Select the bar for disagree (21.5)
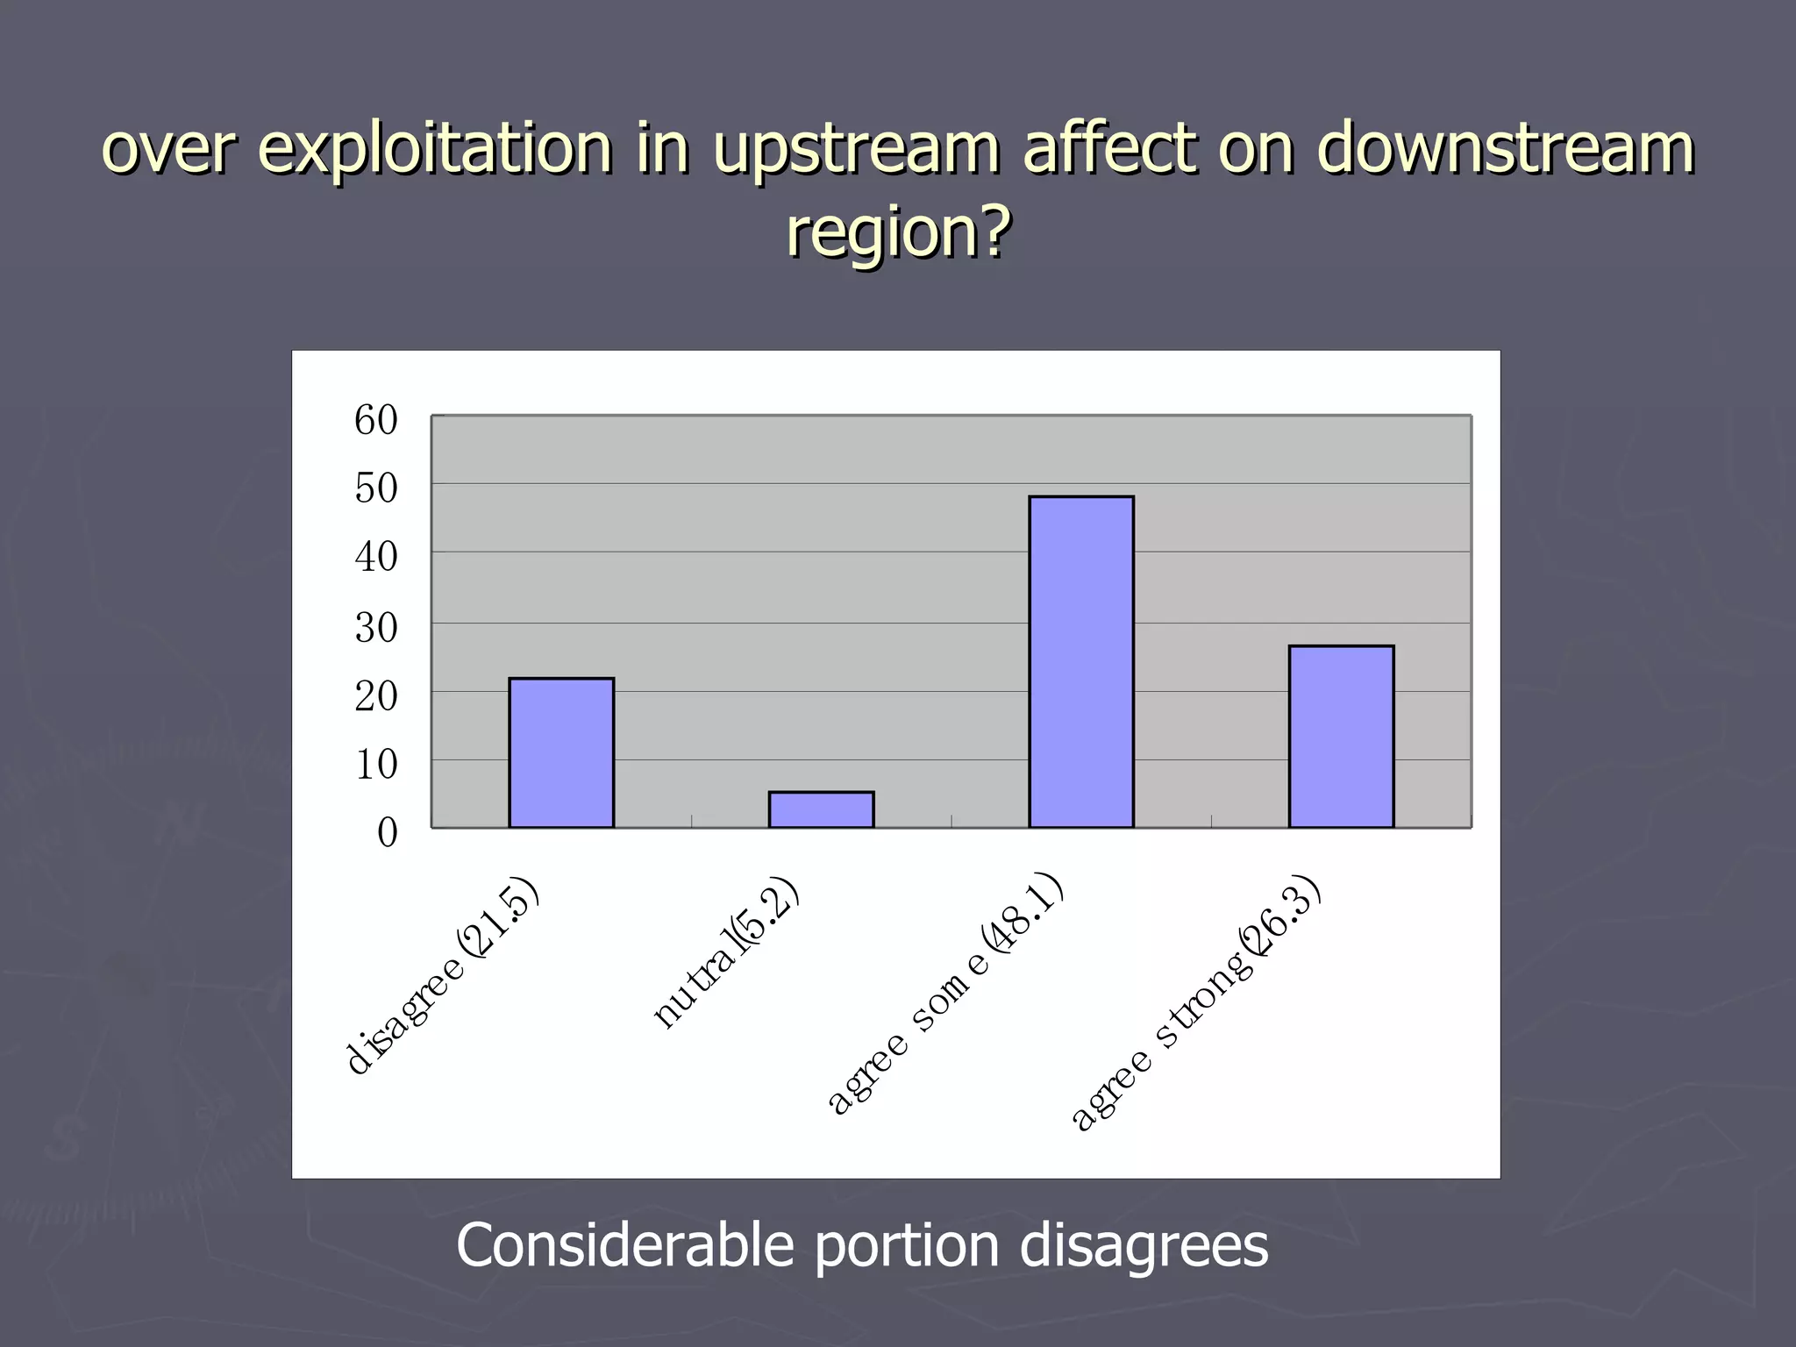pyautogui.click(x=561, y=752)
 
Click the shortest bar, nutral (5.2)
pyautogui.click(x=821, y=809)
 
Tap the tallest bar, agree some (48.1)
pyautogui.click(x=1080, y=662)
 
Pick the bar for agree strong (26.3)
pyautogui.click(x=1341, y=737)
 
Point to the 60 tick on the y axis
pyautogui.click(x=376, y=421)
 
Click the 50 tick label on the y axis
pyautogui.click(x=376, y=488)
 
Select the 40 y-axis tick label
pyautogui.click(x=376, y=558)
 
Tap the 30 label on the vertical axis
pyautogui.click(x=376, y=628)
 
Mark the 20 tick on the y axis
pyautogui.click(x=376, y=696)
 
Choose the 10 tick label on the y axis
pyautogui.click(x=376, y=765)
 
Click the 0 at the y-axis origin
pyautogui.click(x=387, y=832)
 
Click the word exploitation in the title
pyautogui.click(x=435, y=149)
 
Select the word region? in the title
pyautogui.click(x=897, y=232)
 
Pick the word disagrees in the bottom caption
pyautogui.click(x=1144, y=1245)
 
